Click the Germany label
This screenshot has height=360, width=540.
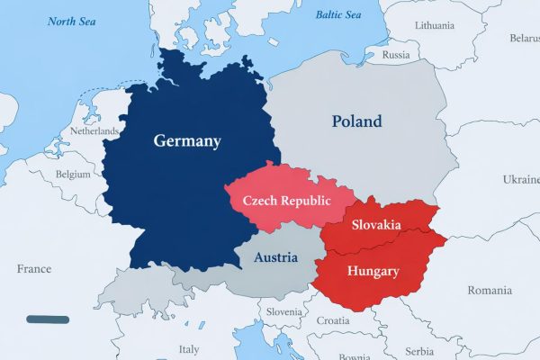[x=187, y=141]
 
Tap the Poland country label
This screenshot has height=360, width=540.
[x=356, y=121]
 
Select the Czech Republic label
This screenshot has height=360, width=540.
[x=282, y=201]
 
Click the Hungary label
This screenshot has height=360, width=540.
[x=373, y=270]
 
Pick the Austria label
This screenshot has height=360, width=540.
[x=275, y=257]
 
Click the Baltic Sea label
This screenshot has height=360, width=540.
[x=338, y=14]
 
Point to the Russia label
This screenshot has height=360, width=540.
[x=396, y=55]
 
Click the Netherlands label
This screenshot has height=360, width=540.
[x=95, y=131]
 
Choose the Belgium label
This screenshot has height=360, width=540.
[x=74, y=173]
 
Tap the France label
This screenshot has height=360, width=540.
[x=34, y=268]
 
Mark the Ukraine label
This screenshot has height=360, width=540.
[x=519, y=179]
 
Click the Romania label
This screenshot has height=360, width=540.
[x=489, y=290]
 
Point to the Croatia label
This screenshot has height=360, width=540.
[x=333, y=320]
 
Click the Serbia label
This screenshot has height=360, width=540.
[x=418, y=350]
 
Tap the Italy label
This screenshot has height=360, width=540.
[x=190, y=349]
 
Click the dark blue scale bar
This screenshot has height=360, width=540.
[x=48, y=319]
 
